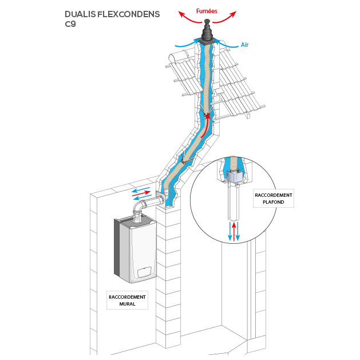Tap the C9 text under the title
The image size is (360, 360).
click(x=70, y=24)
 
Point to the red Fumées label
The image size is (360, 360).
click(x=207, y=10)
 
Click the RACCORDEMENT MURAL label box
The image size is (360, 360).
click(x=127, y=300)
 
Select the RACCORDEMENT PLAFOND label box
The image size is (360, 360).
click(x=274, y=199)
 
